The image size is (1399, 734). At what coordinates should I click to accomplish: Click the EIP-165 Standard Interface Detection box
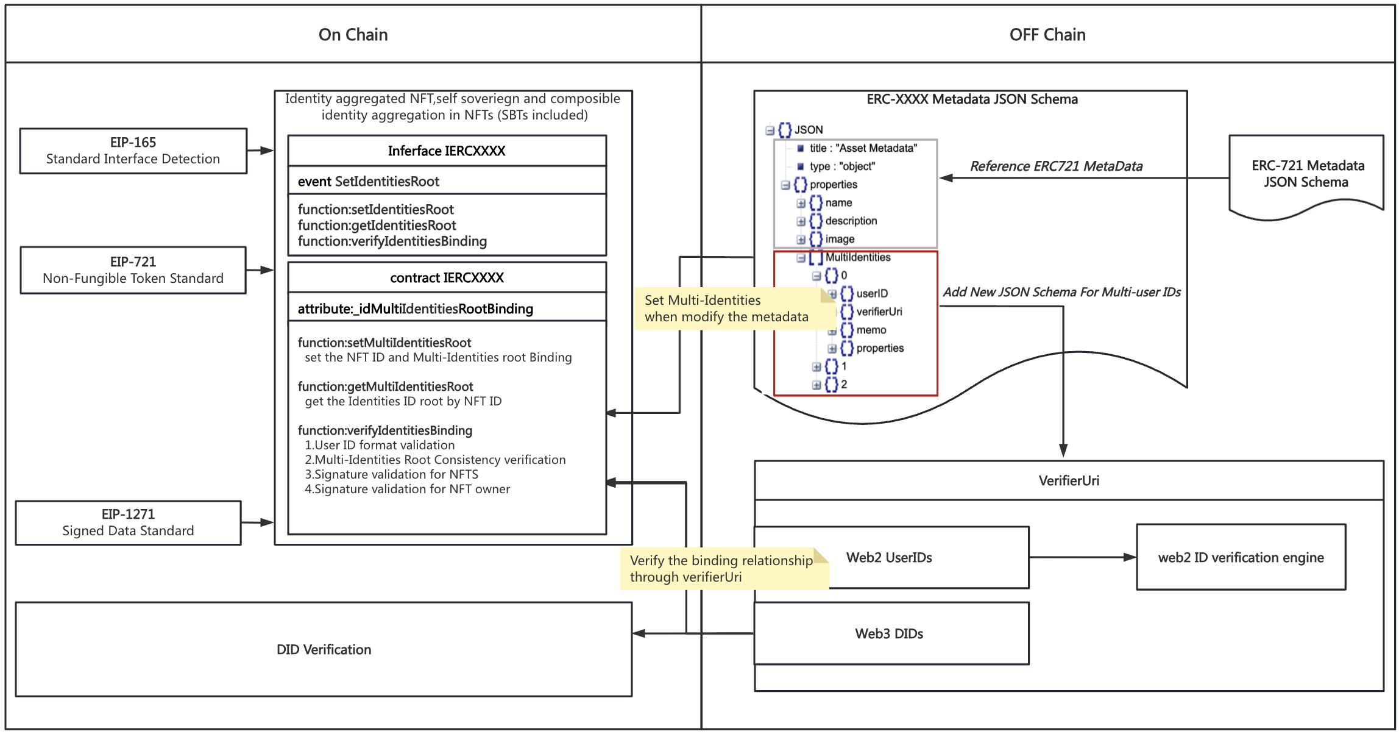click(133, 151)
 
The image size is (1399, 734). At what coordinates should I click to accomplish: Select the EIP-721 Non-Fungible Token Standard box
click(133, 270)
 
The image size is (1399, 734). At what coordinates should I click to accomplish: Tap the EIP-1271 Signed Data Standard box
click(128, 522)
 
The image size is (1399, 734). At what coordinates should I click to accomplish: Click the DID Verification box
click(324, 649)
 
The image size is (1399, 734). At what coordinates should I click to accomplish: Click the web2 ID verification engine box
click(1241, 557)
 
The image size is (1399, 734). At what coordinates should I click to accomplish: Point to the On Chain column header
click(353, 35)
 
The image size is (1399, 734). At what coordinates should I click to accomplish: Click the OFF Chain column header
click(1047, 35)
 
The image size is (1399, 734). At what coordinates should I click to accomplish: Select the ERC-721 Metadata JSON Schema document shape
click(1306, 174)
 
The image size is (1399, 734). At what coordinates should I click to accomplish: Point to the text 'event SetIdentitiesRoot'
click(368, 181)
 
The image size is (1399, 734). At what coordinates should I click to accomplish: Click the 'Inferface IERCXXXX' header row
click(447, 151)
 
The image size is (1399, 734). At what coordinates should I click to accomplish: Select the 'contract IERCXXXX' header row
click(447, 277)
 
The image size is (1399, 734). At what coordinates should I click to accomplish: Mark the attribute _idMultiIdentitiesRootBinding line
click(415, 308)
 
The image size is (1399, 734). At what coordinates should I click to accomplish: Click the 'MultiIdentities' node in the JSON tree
click(857, 257)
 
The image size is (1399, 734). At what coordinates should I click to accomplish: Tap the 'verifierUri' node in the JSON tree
click(879, 312)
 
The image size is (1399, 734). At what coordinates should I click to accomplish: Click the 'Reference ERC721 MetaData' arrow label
click(1056, 166)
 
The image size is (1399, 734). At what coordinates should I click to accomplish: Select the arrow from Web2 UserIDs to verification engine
click(1082, 557)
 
